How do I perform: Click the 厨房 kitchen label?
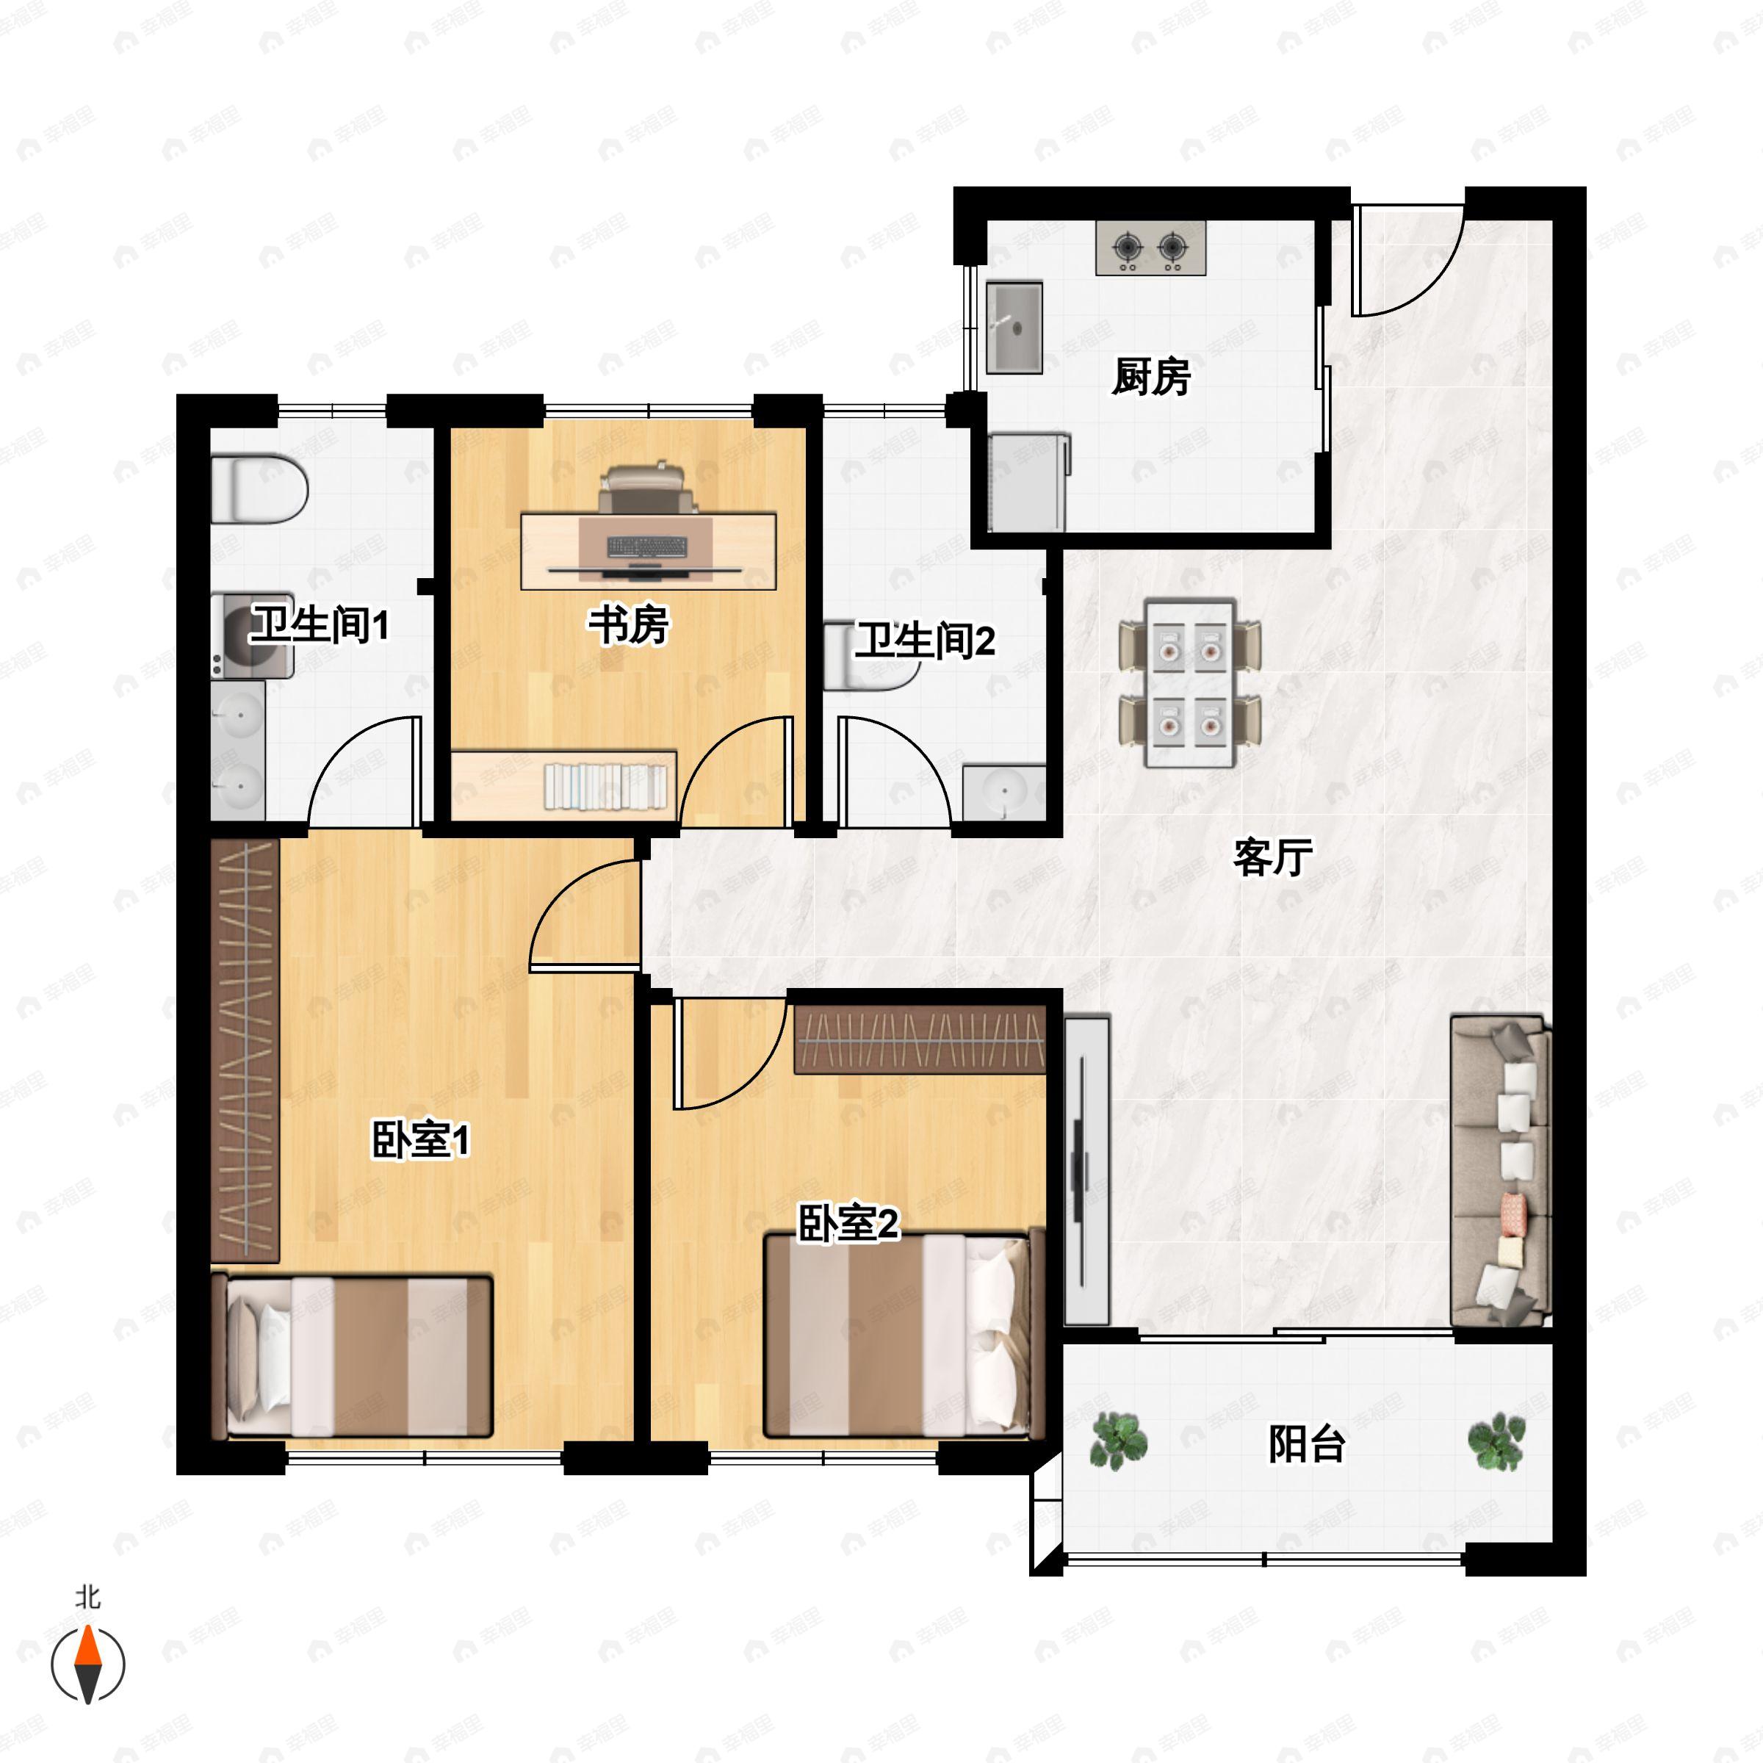pyautogui.click(x=1150, y=377)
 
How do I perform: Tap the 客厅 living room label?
pyautogui.click(x=1272, y=857)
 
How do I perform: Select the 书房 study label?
pyautogui.click(x=628, y=625)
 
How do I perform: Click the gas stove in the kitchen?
pyautogui.click(x=1150, y=248)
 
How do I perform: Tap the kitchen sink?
pyautogui.click(x=1014, y=327)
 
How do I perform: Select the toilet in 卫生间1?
pyautogui.click(x=259, y=490)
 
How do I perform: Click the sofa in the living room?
pyautogui.click(x=1499, y=1172)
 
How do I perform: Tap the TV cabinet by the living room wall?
pyautogui.click(x=1086, y=1172)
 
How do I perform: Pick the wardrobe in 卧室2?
pyautogui.click(x=919, y=1040)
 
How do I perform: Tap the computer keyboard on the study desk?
pyautogui.click(x=647, y=547)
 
